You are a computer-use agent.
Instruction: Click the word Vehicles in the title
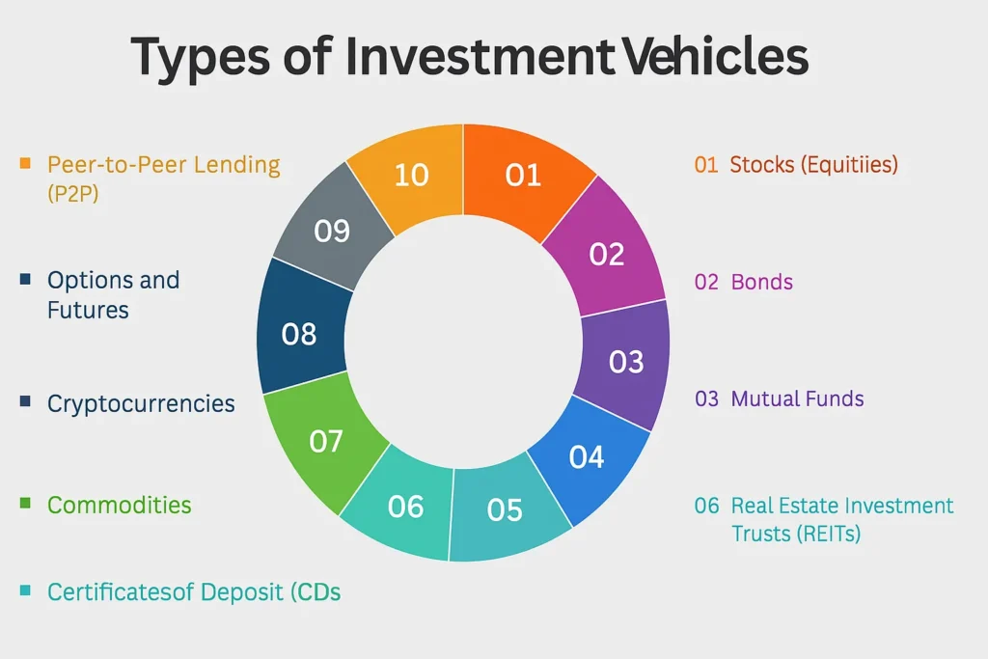pyautogui.click(x=716, y=55)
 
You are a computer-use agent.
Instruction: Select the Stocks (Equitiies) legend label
pyautogui.click(x=813, y=164)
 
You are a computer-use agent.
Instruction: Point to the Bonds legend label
pyautogui.click(x=762, y=282)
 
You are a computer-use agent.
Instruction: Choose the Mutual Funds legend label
pyautogui.click(x=797, y=398)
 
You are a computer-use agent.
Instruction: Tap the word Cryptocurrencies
pyautogui.click(x=141, y=404)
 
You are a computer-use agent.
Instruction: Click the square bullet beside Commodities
pyautogui.click(x=25, y=503)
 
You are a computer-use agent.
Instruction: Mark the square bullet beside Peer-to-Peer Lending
pyautogui.click(x=25, y=163)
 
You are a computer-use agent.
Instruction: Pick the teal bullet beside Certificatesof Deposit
pyautogui.click(x=25, y=590)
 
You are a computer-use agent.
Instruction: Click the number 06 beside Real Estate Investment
pyautogui.click(x=706, y=506)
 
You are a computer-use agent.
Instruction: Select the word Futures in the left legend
pyautogui.click(x=88, y=311)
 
